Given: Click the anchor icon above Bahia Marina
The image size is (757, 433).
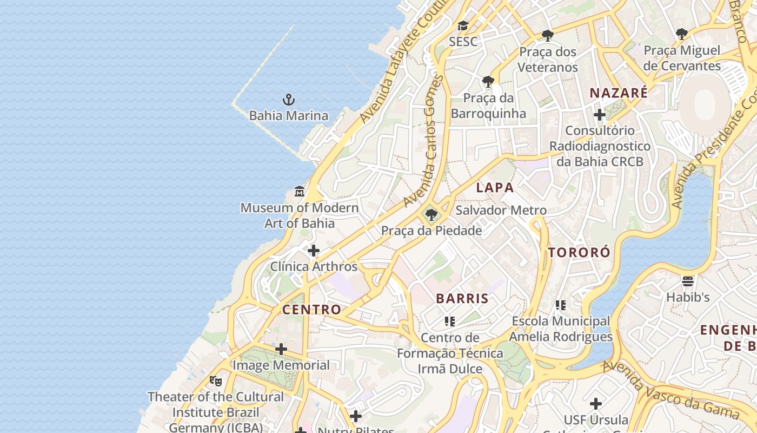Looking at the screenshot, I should tap(289, 100).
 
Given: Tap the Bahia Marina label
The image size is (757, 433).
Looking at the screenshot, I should tap(289, 115).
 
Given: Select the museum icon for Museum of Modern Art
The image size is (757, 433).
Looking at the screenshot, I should tap(300, 192).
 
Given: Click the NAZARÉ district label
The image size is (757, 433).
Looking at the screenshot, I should tap(619, 93).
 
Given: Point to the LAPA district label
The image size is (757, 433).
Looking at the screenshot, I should tap(495, 188).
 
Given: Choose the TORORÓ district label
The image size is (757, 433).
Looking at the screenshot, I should tap(579, 252).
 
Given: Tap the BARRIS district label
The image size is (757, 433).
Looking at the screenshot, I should tap(462, 298).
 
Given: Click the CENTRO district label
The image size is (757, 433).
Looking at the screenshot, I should tap(312, 310).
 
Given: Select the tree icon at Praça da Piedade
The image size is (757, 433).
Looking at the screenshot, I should tap(431, 215).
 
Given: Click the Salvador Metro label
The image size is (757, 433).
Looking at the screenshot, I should tap(501, 210).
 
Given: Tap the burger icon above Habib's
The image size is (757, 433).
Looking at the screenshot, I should tap(688, 281).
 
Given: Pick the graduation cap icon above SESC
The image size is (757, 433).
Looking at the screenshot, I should tap(463, 25).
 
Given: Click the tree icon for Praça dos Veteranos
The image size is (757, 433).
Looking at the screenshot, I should tap(548, 36).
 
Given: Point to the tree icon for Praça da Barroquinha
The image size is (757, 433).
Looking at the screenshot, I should tap(488, 82).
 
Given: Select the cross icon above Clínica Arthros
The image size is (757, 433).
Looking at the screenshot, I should tap(314, 251).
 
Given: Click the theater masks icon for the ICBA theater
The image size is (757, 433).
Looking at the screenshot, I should tap(216, 381).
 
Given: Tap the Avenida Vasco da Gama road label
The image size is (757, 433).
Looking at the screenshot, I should tap(670, 389).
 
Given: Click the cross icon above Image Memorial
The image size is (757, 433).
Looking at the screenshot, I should tap(281, 349).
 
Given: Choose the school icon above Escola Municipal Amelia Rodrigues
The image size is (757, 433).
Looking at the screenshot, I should tap(561, 305).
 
